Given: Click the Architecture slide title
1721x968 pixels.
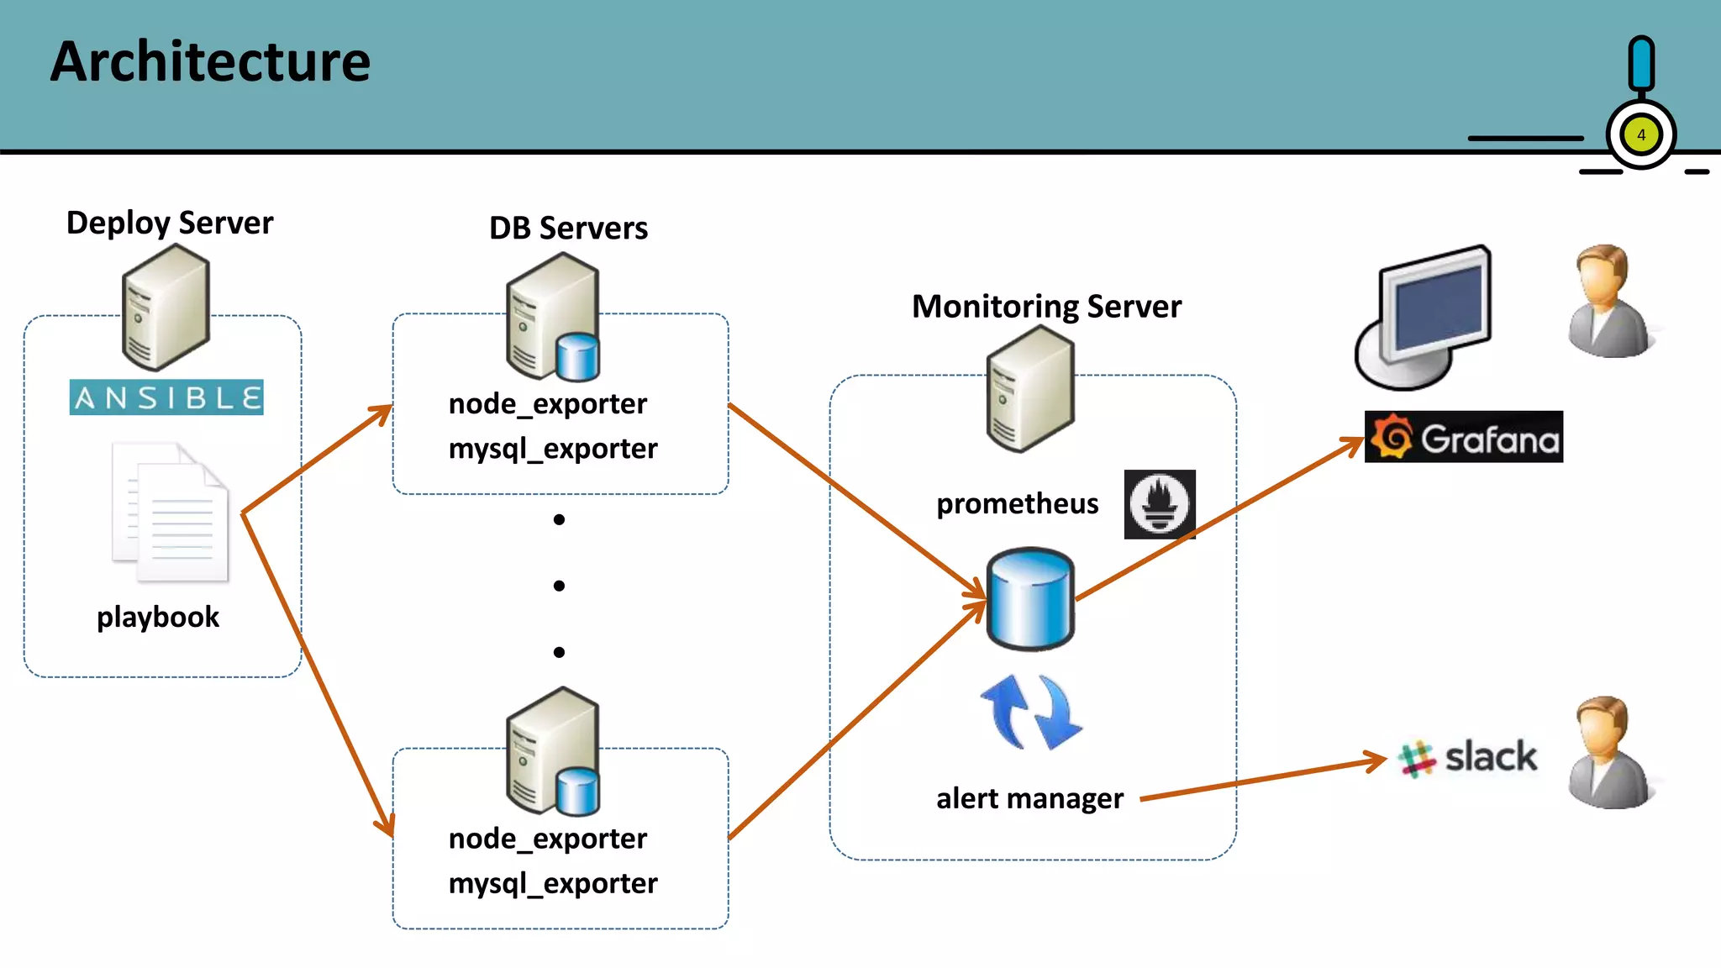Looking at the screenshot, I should [210, 62].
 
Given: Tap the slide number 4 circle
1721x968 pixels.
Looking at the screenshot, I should [1640, 134].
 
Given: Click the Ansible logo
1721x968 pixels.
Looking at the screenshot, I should [166, 397].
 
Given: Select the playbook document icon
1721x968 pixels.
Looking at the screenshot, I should [171, 513].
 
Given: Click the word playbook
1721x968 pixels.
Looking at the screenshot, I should [158, 618].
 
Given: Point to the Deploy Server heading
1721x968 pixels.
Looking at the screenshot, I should [170, 224].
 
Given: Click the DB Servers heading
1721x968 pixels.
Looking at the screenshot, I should [568, 229].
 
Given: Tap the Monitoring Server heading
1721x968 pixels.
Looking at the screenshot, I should [1046, 307].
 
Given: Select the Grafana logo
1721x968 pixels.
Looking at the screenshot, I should [1463, 437].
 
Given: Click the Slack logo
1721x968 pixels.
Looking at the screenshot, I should [1467, 757].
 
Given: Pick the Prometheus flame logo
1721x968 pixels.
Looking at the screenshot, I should [1159, 504].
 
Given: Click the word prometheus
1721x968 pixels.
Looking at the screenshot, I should [1017, 504].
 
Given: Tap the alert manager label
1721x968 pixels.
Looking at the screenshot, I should [1029, 798].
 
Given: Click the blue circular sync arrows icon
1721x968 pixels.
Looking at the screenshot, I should [1031, 712].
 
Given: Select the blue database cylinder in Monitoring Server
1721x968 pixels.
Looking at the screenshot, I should [1030, 599].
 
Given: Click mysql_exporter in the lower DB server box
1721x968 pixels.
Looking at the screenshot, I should [553, 884].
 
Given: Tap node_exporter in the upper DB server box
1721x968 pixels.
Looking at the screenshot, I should [548, 404].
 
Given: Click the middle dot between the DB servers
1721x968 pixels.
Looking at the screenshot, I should [559, 586].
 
